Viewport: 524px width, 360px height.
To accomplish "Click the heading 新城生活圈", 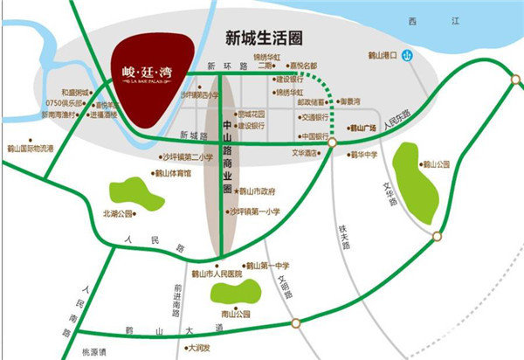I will point(263,38).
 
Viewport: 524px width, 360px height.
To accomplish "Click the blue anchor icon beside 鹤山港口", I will point(405,56).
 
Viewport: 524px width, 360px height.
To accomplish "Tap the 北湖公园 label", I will point(117,212).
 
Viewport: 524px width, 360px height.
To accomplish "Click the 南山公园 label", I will point(236,313).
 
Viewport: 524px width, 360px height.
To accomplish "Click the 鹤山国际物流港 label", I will point(30,149).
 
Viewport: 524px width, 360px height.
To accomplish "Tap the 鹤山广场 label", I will point(362,128).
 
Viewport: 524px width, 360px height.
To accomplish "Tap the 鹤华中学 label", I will point(362,155).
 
